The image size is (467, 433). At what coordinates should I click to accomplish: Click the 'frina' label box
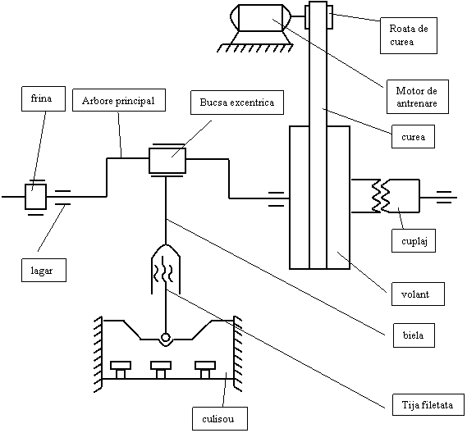tap(43, 99)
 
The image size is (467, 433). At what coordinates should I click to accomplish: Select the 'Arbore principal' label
tap(119, 100)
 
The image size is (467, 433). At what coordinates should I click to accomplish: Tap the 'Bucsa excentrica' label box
tap(237, 103)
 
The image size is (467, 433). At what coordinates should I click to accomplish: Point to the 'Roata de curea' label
tap(409, 35)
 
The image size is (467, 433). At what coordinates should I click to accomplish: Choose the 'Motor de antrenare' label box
tap(418, 97)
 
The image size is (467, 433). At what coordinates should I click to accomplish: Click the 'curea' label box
tap(413, 137)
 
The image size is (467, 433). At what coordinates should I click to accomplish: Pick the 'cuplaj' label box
tap(414, 240)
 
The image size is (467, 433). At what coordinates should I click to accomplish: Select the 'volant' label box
tap(418, 294)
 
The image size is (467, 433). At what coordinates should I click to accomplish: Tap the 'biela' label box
tap(414, 335)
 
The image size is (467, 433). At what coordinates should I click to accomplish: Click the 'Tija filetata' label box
tap(428, 405)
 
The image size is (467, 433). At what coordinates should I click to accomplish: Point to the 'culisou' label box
tap(220, 419)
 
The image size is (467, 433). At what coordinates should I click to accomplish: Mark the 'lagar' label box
tap(43, 271)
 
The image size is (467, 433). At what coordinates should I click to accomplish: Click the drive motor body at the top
tap(261, 17)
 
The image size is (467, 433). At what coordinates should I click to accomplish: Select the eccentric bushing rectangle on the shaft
tap(167, 161)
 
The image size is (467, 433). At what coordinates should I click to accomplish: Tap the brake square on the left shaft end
tap(36, 197)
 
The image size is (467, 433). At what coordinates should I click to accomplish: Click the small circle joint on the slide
tap(165, 338)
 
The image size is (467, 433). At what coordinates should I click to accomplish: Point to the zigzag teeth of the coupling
tap(381, 196)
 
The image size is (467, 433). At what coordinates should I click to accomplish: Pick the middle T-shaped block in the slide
tap(161, 370)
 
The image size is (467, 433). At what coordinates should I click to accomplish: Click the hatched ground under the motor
tap(255, 48)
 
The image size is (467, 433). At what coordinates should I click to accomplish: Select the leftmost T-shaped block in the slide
tap(121, 370)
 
